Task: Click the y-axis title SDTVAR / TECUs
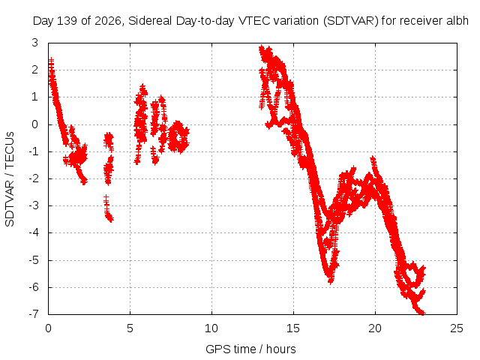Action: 10,179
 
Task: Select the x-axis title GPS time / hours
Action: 250,349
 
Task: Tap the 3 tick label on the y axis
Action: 35,43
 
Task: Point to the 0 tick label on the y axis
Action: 35,124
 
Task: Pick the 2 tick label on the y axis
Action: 35,70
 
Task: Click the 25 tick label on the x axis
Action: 457,328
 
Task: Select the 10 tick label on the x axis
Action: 211,328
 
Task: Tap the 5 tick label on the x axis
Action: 130,328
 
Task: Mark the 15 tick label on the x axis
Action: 293,328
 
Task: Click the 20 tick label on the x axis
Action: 375,328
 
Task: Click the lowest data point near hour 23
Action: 422,313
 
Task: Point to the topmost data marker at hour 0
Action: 52,60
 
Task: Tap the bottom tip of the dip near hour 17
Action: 330,280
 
